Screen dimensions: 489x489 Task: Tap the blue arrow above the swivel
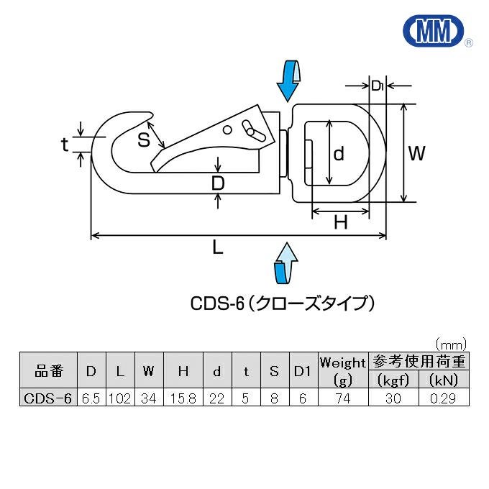coord(289,81)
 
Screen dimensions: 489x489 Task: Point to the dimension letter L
coord(218,248)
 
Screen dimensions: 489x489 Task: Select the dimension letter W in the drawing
coord(417,153)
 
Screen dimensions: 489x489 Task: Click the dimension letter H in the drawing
coord(341,224)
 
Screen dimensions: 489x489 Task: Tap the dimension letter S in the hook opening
coord(144,140)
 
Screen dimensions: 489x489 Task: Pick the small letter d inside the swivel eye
coord(339,152)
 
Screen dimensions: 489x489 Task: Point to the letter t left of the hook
coord(65,145)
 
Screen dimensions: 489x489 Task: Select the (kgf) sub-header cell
coord(393,380)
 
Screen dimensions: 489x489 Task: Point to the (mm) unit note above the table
coord(451,343)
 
